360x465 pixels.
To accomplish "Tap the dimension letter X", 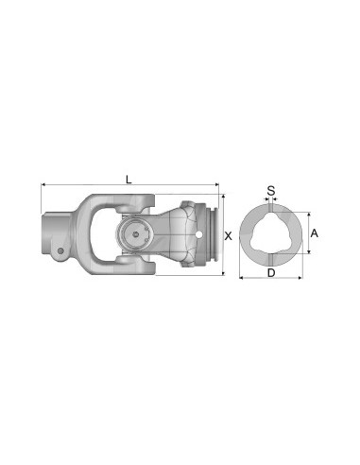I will pyautogui.click(x=228, y=233).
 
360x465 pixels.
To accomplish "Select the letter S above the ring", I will pyautogui.click(x=271, y=190).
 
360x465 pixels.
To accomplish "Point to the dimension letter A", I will pyautogui.click(x=315, y=232).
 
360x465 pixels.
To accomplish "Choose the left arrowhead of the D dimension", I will pyautogui.click(x=240, y=278).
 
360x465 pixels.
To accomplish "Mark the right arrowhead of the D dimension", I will pyautogui.click(x=301, y=278).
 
